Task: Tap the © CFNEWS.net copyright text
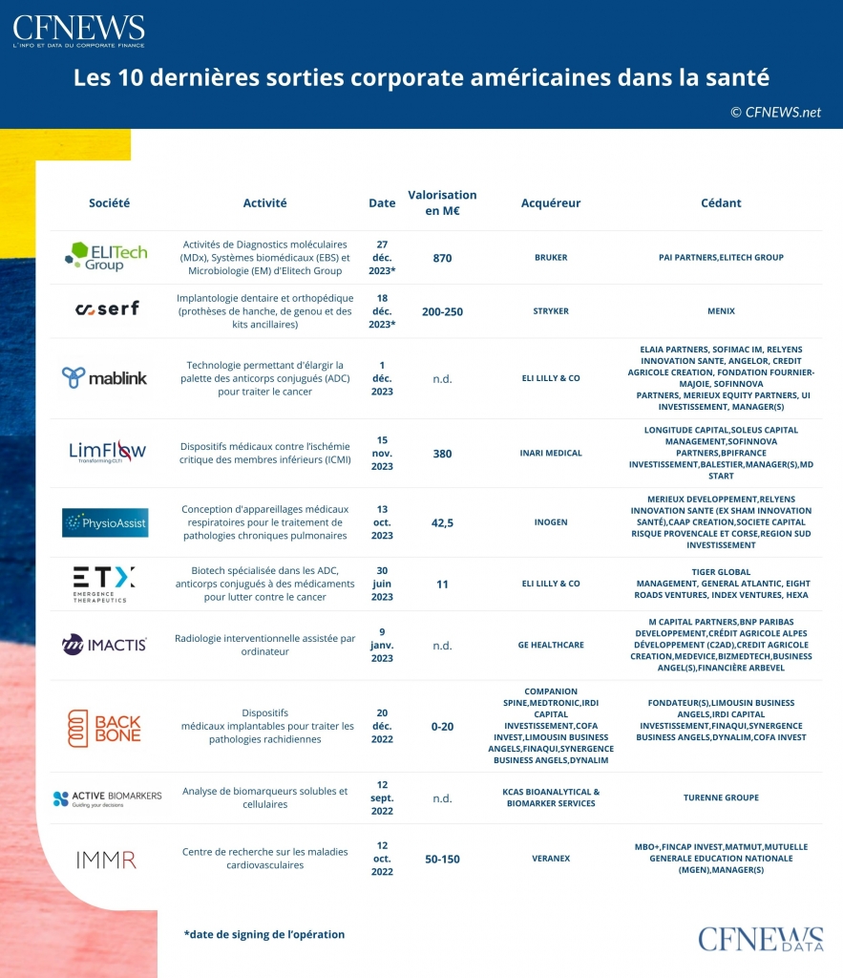pyautogui.click(x=775, y=112)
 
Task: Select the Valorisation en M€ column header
pyautogui.click(x=442, y=202)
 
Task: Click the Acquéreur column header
pyautogui.click(x=551, y=202)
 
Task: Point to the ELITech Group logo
pyautogui.click(x=105, y=257)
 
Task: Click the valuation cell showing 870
pyautogui.click(x=442, y=258)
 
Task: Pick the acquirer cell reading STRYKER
pyautogui.click(x=551, y=311)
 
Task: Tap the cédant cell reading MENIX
pyautogui.click(x=721, y=311)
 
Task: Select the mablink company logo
pyautogui.click(x=105, y=378)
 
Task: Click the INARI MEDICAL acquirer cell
pyautogui.click(x=551, y=454)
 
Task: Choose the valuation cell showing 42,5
pyautogui.click(x=442, y=522)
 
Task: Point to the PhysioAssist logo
pyautogui.click(x=105, y=522)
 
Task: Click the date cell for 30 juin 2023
pyautogui.click(x=382, y=584)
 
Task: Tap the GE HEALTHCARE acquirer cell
pyautogui.click(x=551, y=645)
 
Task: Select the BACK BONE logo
pyautogui.click(x=105, y=727)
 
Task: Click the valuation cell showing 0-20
pyautogui.click(x=442, y=727)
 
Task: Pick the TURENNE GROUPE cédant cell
pyautogui.click(x=721, y=797)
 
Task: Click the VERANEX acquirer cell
pyautogui.click(x=551, y=859)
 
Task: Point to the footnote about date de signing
pyautogui.click(x=264, y=934)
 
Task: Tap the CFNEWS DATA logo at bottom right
pyautogui.click(x=760, y=941)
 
